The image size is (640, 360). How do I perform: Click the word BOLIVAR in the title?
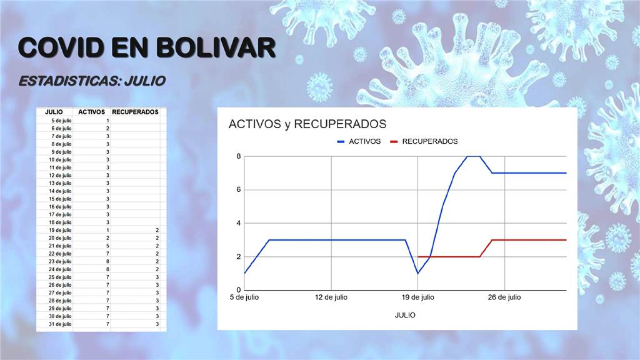[x=216, y=47]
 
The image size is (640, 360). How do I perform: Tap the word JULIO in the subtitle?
[x=145, y=81]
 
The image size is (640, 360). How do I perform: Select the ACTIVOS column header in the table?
[x=91, y=112]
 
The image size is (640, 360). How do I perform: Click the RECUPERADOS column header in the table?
[x=135, y=112]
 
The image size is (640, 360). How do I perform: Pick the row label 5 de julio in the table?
[x=61, y=121]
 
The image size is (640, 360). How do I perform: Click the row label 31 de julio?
[x=60, y=324]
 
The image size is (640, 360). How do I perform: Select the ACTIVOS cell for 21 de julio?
[x=107, y=246]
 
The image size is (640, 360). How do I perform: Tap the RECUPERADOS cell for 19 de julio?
[x=157, y=230]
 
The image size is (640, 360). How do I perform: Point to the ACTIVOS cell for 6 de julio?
[x=107, y=129]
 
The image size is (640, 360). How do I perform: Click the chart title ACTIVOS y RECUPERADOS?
[x=307, y=124]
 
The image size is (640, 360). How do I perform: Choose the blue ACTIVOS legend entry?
[x=359, y=141]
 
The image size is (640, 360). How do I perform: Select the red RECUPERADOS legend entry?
[x=424, y=141]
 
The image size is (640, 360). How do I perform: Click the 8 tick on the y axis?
[x=238, y=156]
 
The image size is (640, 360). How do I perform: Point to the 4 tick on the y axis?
[x=238, y=223]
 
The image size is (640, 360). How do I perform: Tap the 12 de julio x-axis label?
[x=331, y=297]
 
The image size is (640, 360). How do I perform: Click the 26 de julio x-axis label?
[x=504, y=297]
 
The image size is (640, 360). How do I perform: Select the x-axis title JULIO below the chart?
[x=405, y=315]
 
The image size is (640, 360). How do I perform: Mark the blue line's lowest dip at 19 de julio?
[x=417, y=274]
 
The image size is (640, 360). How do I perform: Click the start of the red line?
[x=418, y=257]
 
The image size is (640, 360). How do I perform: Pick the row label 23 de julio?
[x=60, y=262]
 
